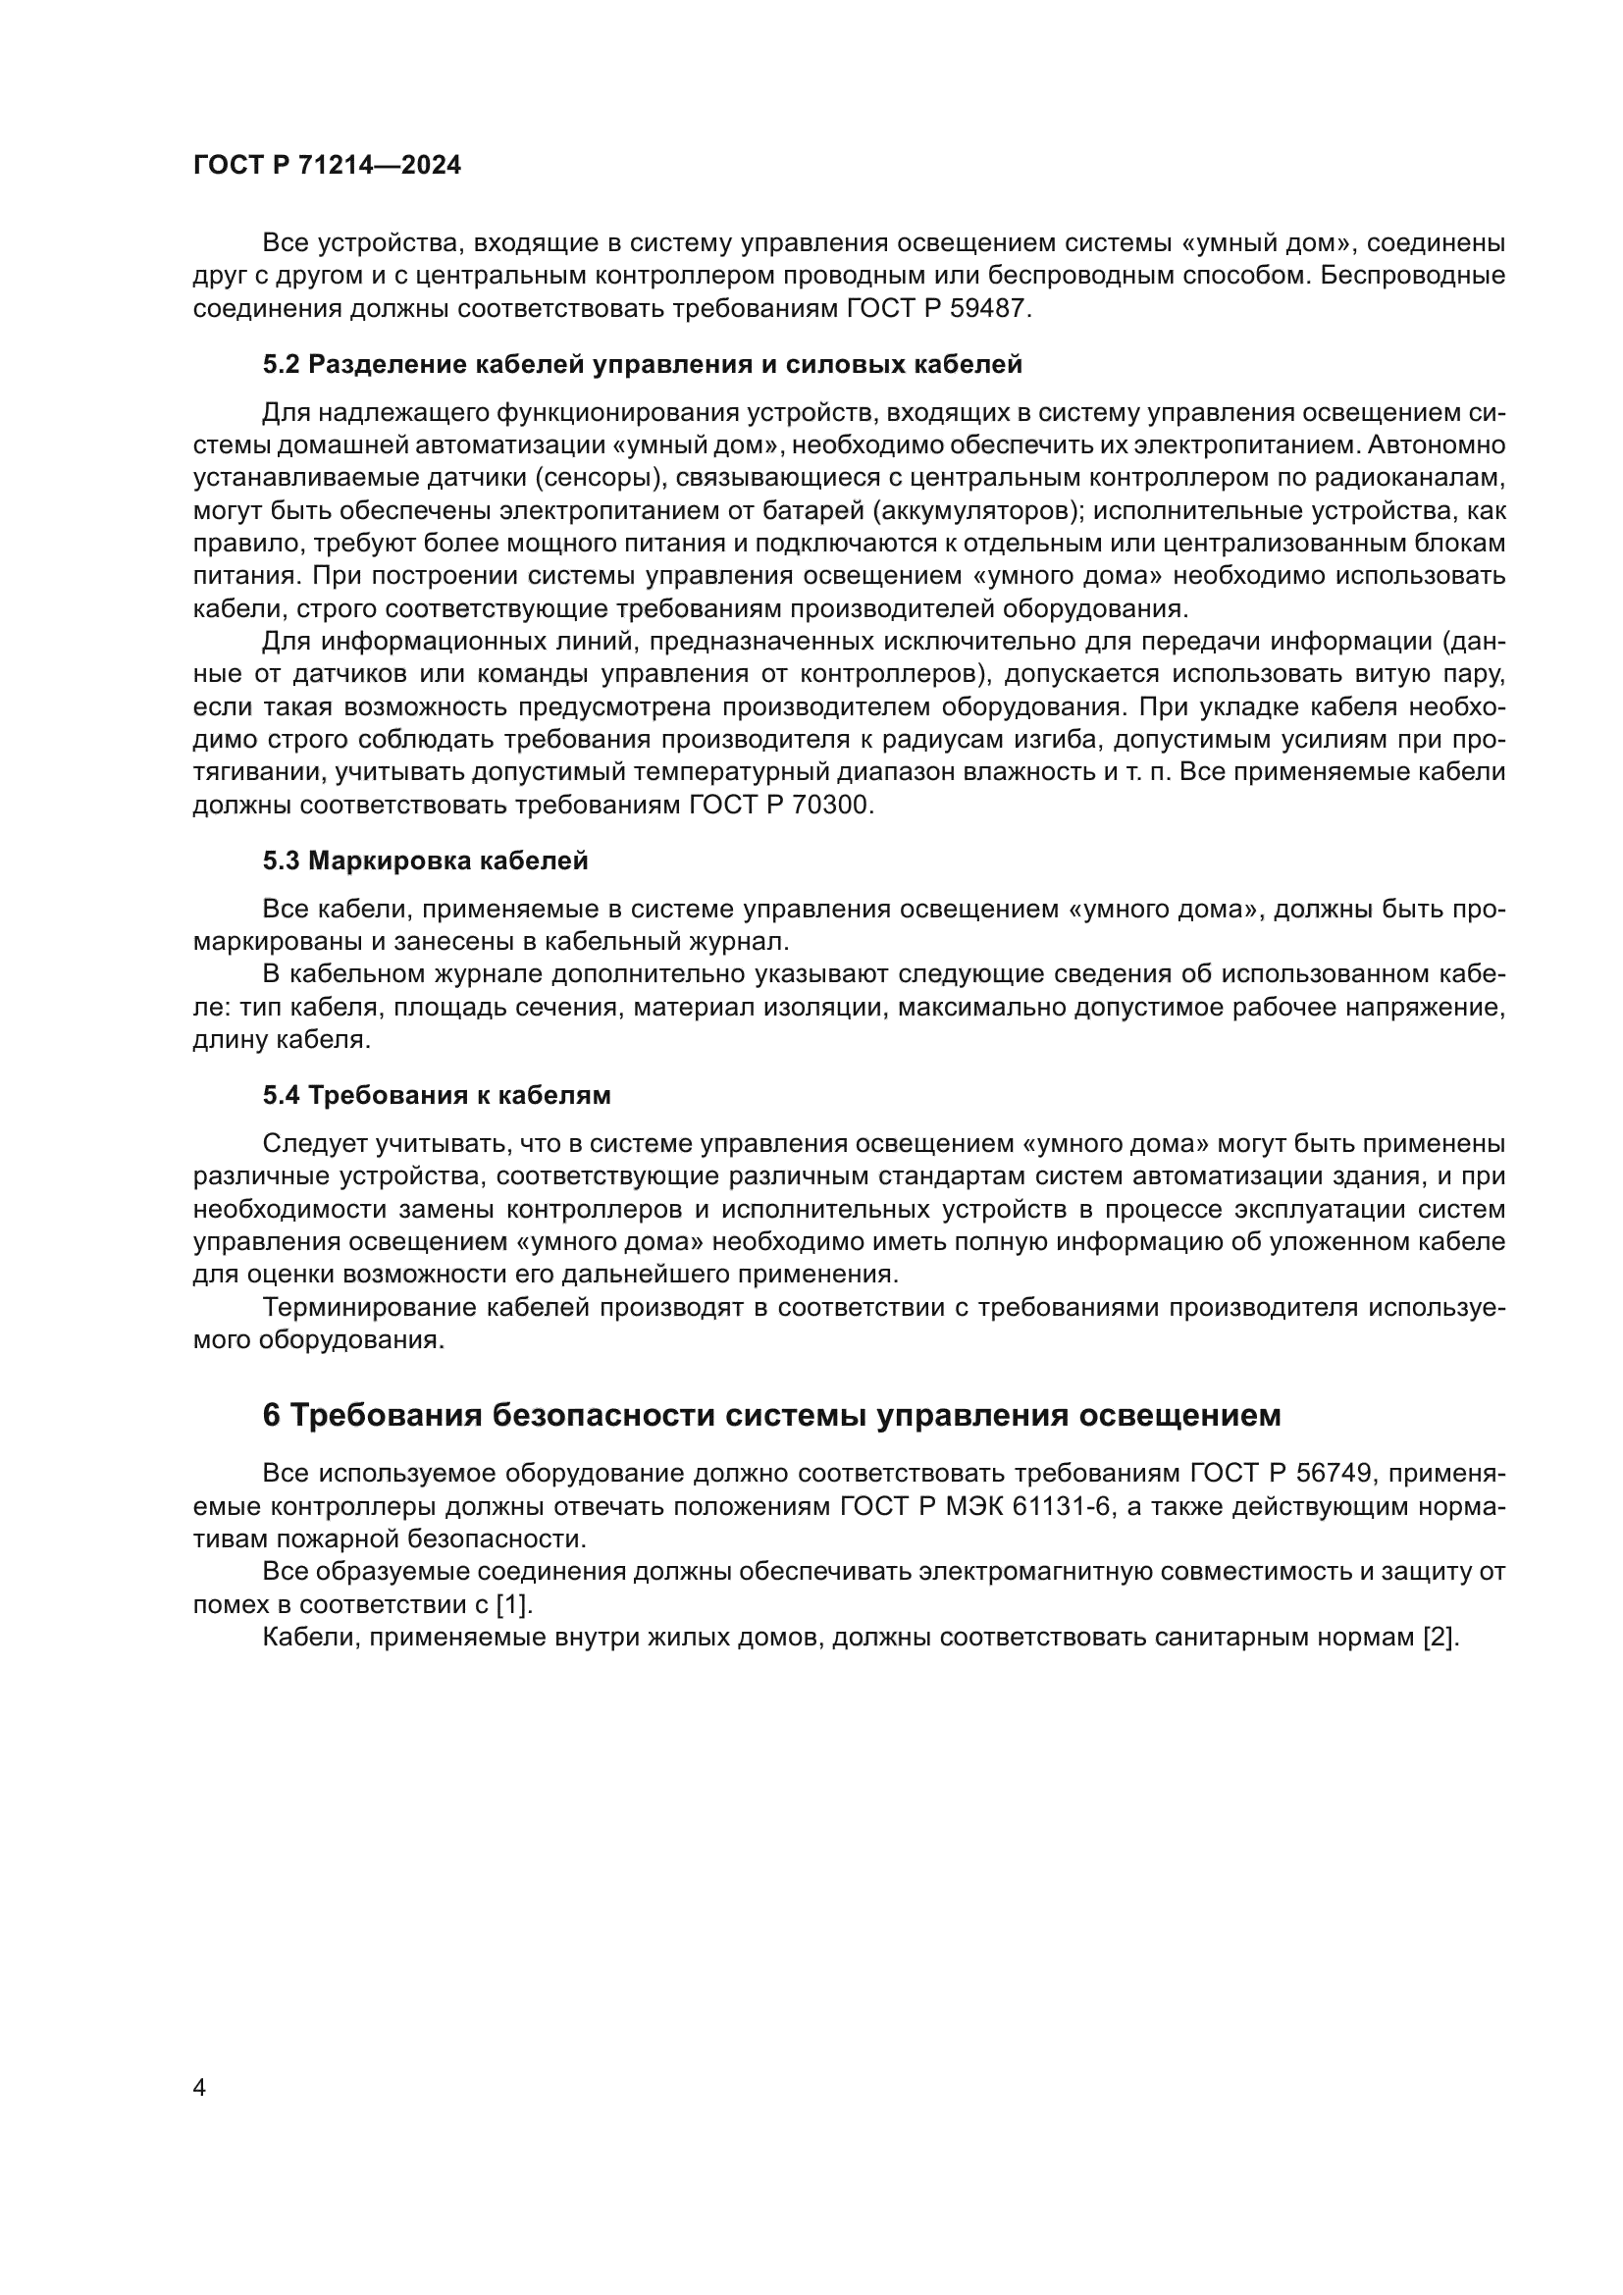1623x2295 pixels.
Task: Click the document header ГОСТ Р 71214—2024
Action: click(327, 166)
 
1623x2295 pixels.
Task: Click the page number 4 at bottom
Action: click(199, 2088)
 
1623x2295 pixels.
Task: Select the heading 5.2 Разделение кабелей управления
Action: click(643, 365)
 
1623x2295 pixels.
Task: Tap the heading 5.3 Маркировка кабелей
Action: click(425, 861)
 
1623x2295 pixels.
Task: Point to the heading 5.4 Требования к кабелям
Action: click(437, 1096)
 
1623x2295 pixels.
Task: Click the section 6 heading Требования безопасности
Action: click(771, 1416)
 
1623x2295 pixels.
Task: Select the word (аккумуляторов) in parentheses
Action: click(976, 511)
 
